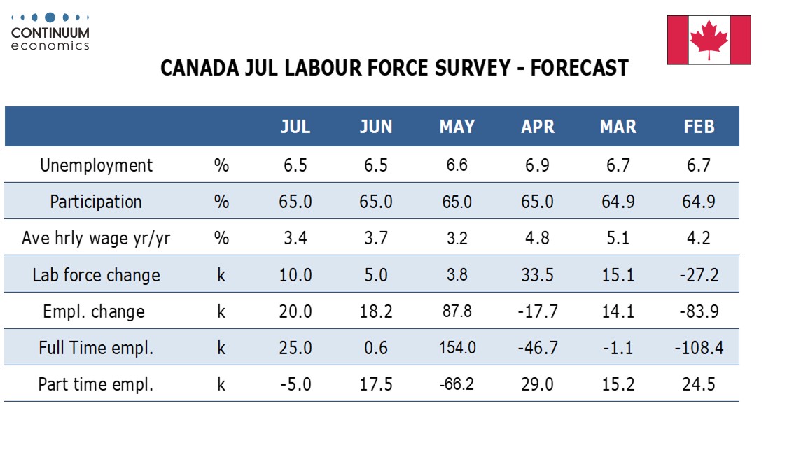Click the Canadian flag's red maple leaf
(x=709, y=39)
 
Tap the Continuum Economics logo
(x=50, y=32)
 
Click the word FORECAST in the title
(x=579, y=68)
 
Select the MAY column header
(x=457, y=127)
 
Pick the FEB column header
(x=699, y=127)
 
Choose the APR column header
(x=538, y=127)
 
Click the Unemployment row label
(x=96, y=166)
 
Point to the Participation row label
(x=96, y=202)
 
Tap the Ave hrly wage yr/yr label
(x=96, y=239)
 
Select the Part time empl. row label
(x=96, y=384)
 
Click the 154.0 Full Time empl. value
(x=457, y=348)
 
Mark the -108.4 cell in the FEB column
(x=699, y=348)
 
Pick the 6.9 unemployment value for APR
(x=537, y=166)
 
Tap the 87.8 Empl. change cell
(x=457, y=311)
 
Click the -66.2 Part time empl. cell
(x=457, y=384)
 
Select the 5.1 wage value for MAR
(x=618, y=238)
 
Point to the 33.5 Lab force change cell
(x=537, y=275)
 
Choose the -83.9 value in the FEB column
(x=699, y=311)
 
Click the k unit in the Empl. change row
(x=221, y=311)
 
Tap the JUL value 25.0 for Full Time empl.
(x=295, y=348)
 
